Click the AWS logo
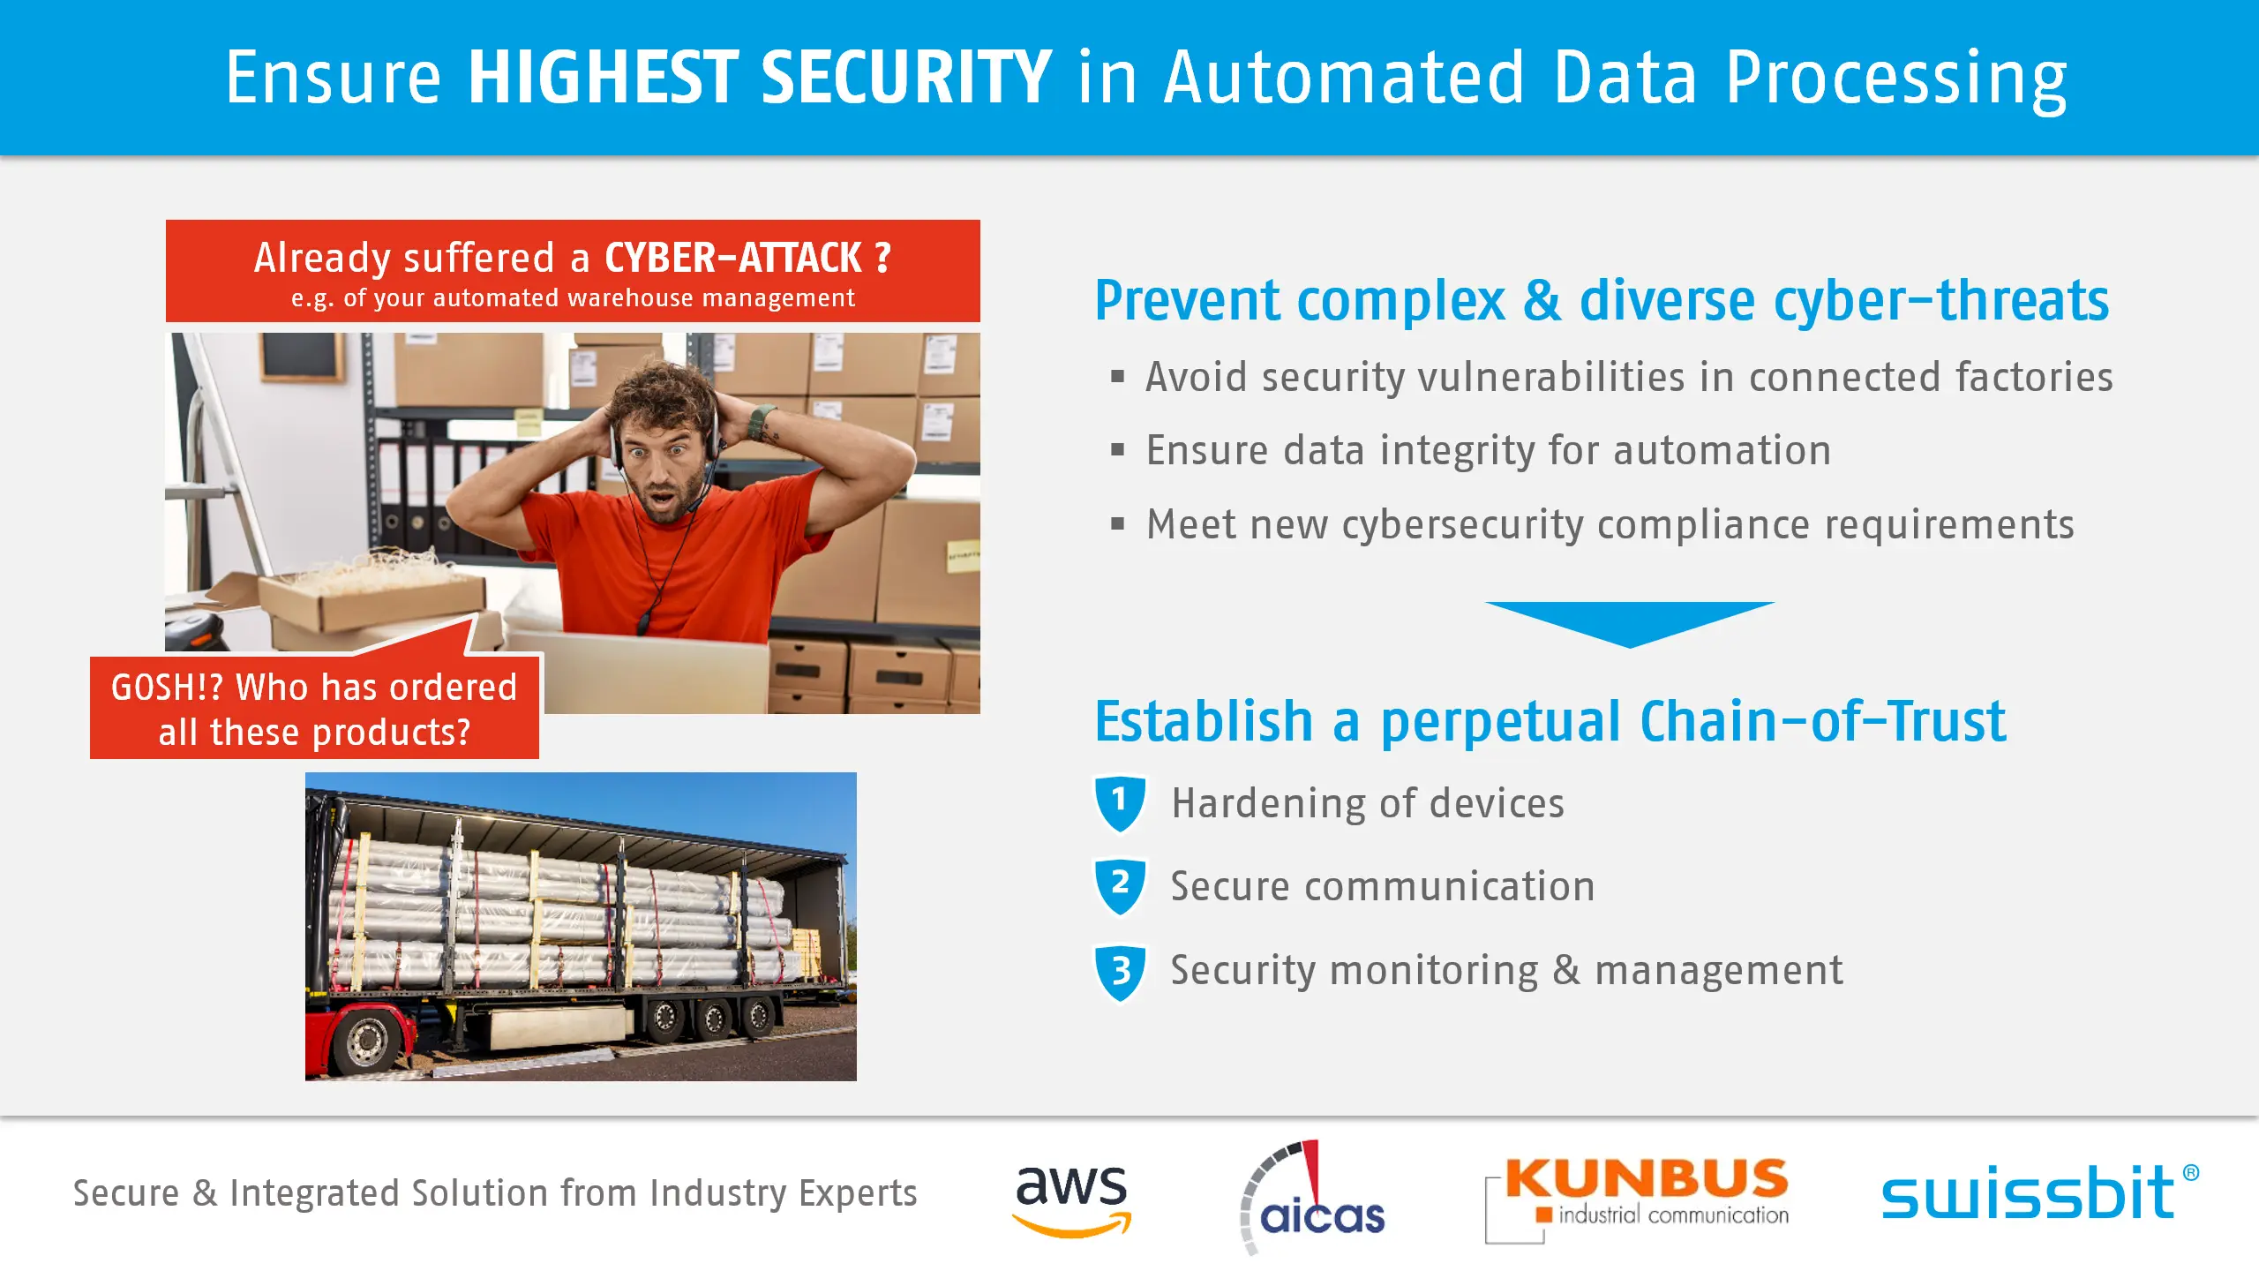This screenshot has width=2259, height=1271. click(1071, 1200)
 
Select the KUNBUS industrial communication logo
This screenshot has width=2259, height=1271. click(1638, 1199)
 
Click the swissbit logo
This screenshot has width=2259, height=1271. click(2039, 1192)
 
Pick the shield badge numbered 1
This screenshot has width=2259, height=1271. click(1120, 803)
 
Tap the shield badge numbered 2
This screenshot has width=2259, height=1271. click(1120, 886)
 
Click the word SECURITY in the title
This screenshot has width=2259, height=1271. click(905, 78)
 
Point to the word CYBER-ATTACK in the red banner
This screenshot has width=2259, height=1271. click(733, 258)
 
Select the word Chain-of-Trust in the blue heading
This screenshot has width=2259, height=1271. click(1823, 721)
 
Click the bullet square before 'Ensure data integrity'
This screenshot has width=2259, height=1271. click(1118, 450)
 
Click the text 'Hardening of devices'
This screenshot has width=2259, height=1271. click(1368, 803)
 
